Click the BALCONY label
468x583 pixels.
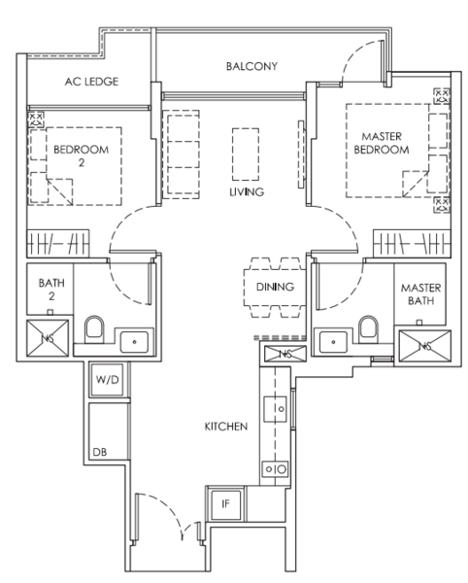(252, 67)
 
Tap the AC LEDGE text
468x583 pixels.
(91, 83)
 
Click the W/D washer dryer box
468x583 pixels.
(106, 380)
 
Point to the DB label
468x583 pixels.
(99, 453)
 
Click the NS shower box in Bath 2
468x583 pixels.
(48, 337)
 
